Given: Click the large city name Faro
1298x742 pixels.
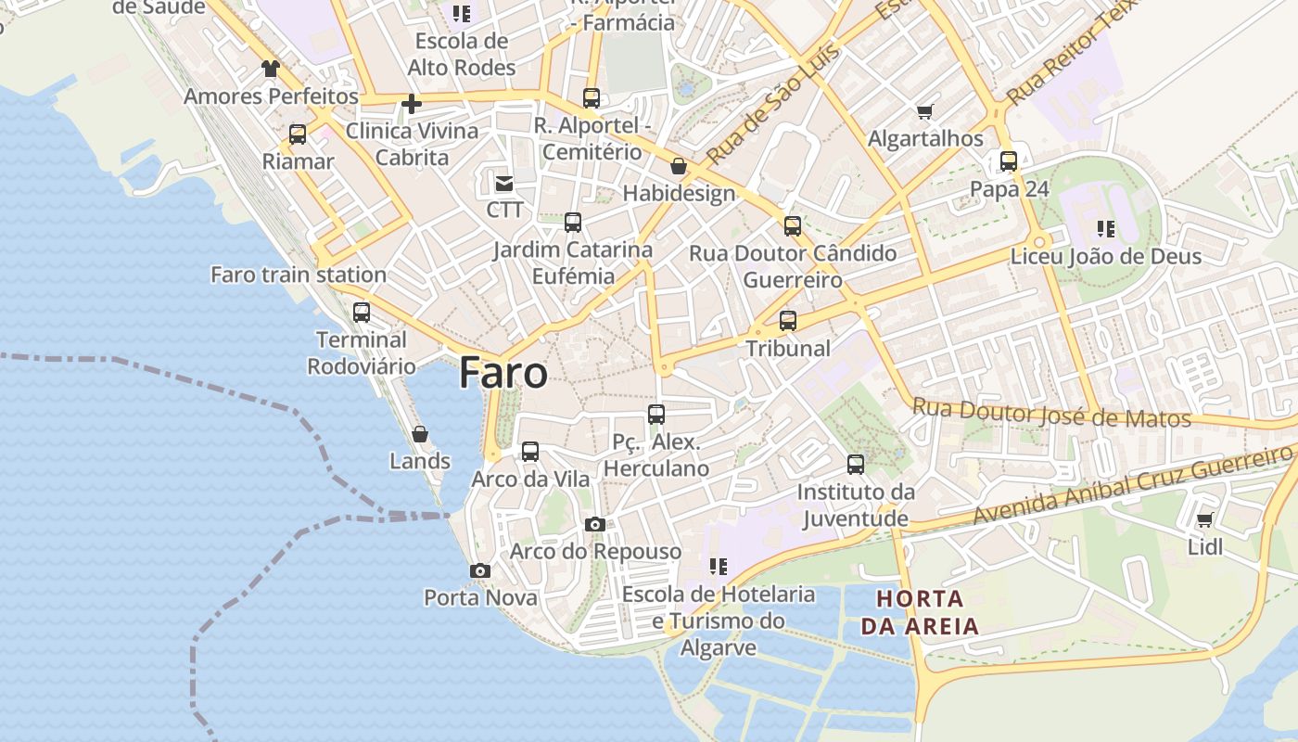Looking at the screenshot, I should coord(503,373).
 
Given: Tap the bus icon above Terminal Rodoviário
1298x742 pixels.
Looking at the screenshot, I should coord(362,313).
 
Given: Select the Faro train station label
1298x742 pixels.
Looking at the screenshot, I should coord(298,275).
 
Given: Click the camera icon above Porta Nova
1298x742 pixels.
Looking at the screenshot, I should coord(480,570).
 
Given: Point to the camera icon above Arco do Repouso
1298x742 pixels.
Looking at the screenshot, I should coord(595,525).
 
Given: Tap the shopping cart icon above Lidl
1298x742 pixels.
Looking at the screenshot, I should coord(1204,519).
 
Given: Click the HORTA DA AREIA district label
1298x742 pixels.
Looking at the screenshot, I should coord(920,612).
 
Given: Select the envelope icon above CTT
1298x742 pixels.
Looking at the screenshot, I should coord(504,183).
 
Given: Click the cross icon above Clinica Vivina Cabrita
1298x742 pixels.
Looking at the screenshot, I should coord(412,104).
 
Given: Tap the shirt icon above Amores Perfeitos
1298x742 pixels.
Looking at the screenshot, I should coord(270,68).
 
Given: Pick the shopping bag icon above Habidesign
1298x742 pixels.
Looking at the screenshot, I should coord(679,166).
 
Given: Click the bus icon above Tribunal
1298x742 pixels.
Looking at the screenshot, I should coord(788,321).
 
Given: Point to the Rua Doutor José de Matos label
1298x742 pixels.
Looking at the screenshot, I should coord(1051,413).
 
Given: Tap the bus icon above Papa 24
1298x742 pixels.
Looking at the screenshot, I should coord(1009,161).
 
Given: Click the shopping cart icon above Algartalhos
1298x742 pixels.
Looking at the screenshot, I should coord(924,112).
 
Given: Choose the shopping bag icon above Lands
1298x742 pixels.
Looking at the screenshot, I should coord(420,433).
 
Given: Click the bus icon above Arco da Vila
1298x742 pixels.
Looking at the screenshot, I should coord(530,452).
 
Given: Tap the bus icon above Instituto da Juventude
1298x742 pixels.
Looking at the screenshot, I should coord(856,464).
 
